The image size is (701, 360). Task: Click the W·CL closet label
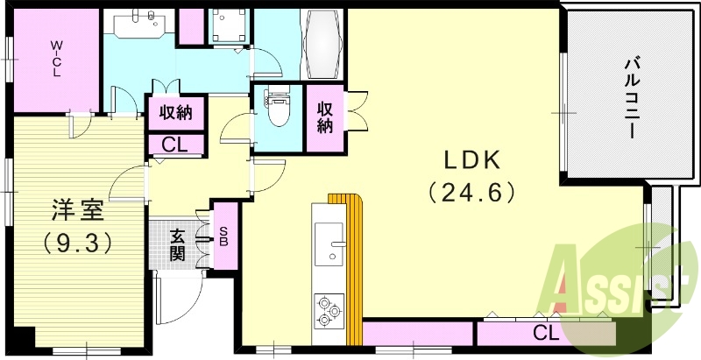click(54, 59)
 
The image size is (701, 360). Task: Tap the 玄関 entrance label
click(178, 244)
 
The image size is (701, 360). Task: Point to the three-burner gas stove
click(328, 309)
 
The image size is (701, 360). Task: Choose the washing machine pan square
click(230, 25)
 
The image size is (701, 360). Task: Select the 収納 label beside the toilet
click(324, 117)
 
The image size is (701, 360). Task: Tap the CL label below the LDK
click(546, 333)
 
